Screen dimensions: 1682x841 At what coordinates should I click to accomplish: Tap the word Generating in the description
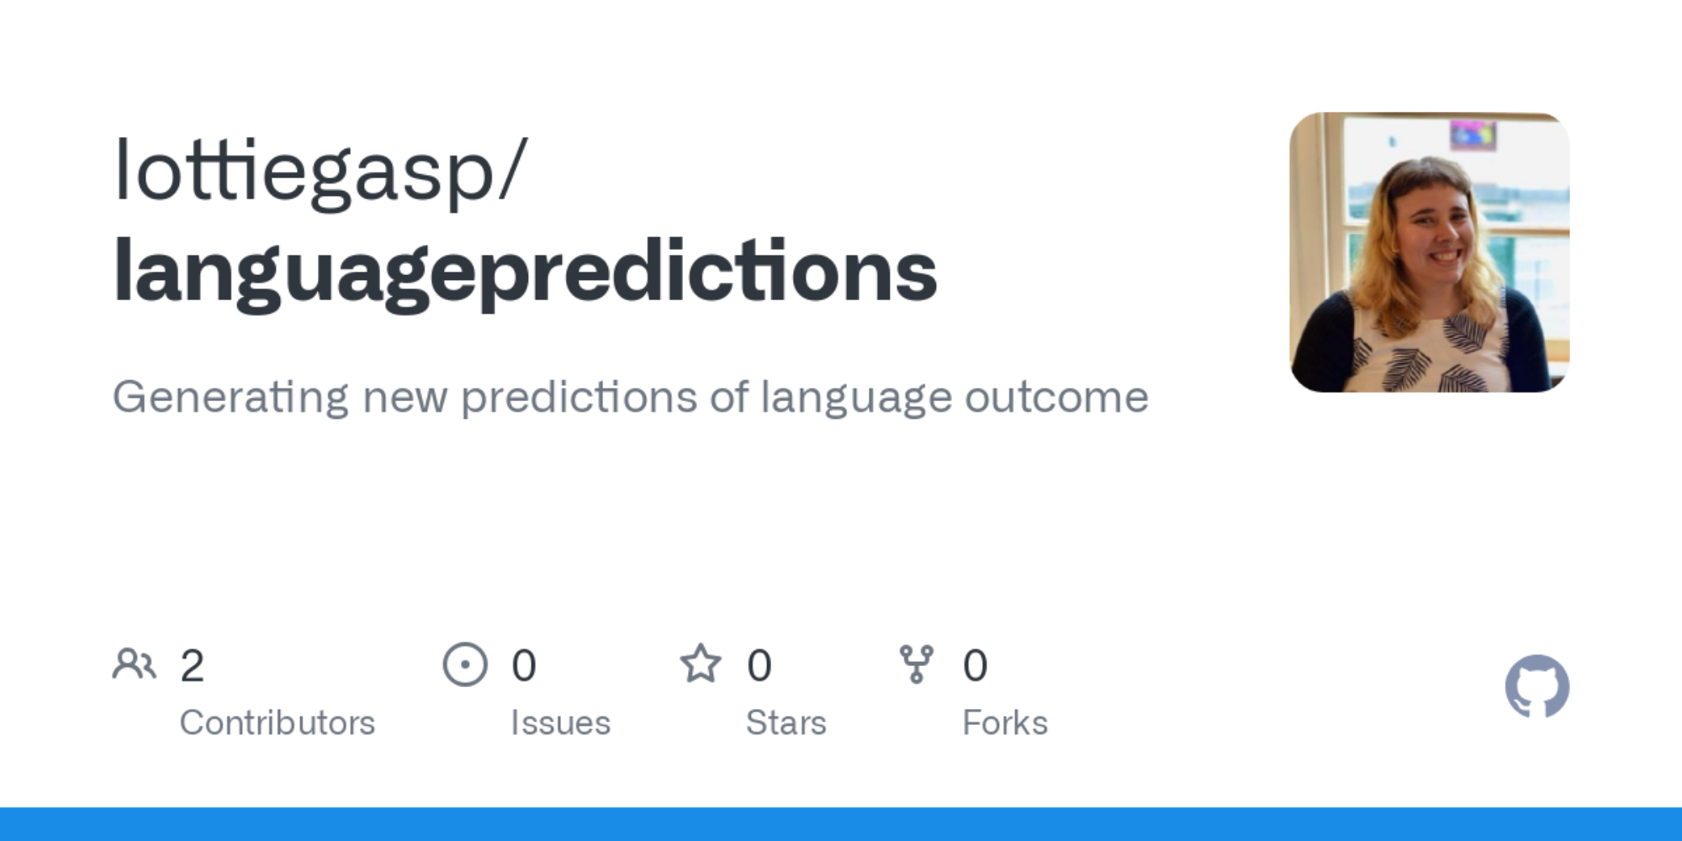pyautogui.click(x=230, y=398)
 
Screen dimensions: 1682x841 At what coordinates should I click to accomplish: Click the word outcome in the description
pyautogui.click(x=1056, y=398)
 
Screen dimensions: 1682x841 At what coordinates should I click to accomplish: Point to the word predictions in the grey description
pyautogui.click(x=579, y=398)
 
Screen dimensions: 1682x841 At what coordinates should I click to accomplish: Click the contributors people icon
pyautogui.click(x=135, y=664)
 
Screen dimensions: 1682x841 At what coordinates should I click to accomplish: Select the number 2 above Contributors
pyautogui.click(x=192, y=665)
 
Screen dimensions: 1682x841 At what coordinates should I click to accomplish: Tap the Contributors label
pyautogui.click(x=278, y=722)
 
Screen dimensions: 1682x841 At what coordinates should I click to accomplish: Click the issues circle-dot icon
pyautogui.click(x=465, y=664)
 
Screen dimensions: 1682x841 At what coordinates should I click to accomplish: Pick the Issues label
pyautogui.click(x=560, y=722)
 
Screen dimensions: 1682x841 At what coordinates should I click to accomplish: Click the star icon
pyautogui.click(x=701, y=664)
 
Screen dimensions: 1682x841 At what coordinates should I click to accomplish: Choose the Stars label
pyautogui.click(x=786, y=722)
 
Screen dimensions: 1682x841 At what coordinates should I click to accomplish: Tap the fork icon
pyautogui.click(x=917, y=664)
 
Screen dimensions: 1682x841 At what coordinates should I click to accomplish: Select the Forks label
pyautogui.click(x=1005, y=722)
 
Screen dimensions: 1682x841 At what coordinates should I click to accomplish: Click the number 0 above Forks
pyautogui.click(x=976, y=665)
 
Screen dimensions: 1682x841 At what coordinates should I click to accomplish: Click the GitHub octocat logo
pyautogui.click(x=1537, y=686)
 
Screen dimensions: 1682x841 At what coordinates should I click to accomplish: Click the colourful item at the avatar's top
pyautogui.click(x=1473, y=135)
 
